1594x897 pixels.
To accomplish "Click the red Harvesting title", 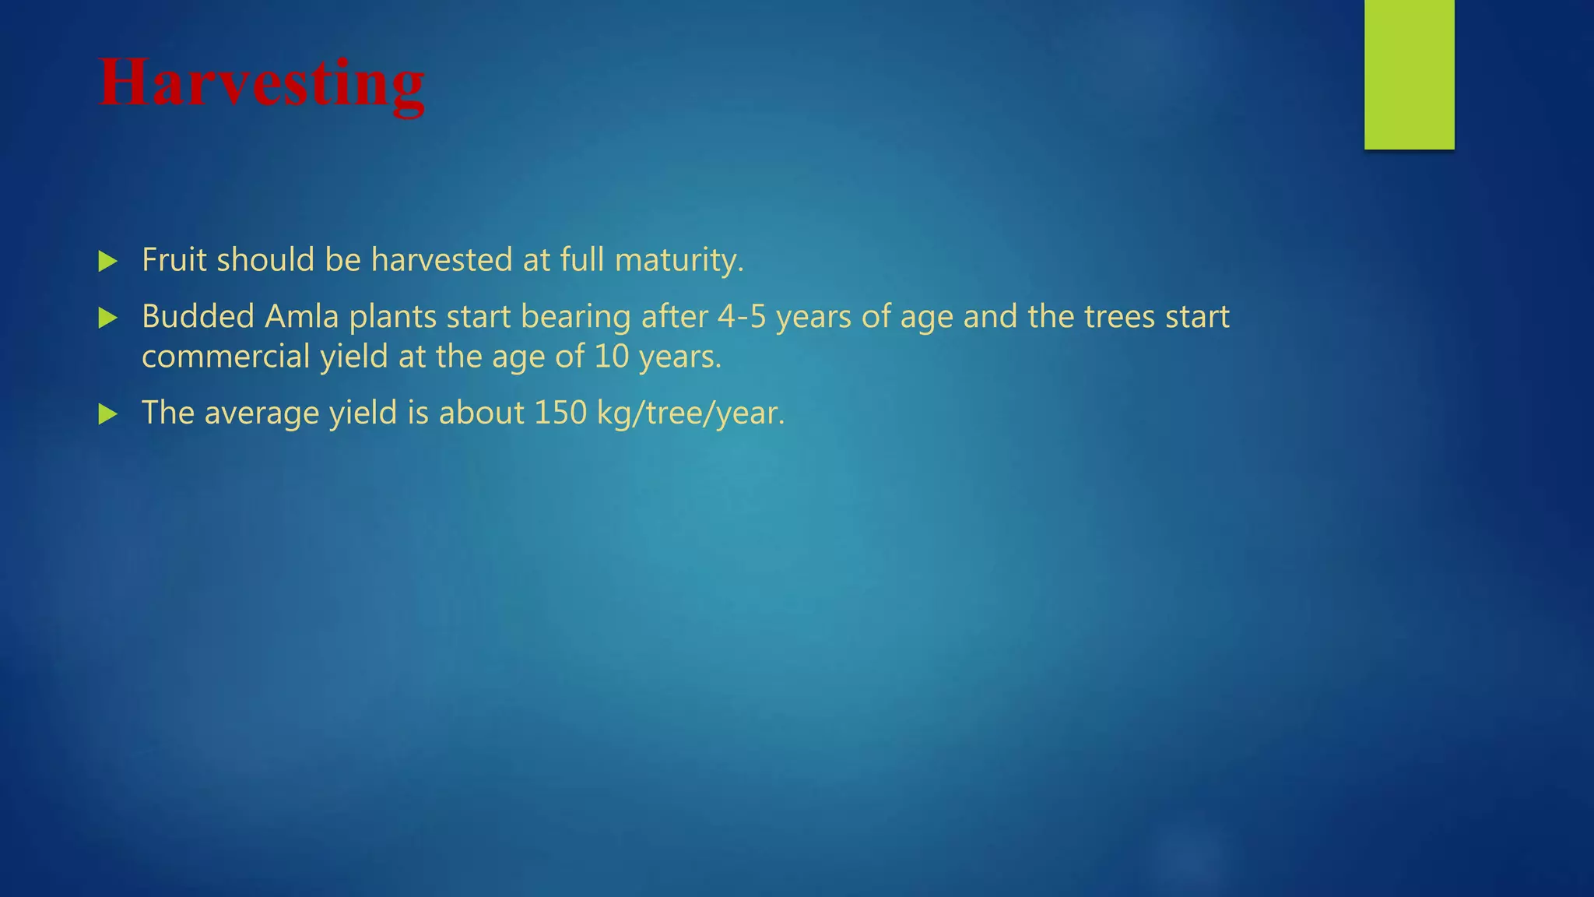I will [262, 84].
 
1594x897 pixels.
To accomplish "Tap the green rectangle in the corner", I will [1409, 74].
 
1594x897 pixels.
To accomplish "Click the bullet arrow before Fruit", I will [108, 262].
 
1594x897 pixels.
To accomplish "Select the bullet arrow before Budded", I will [108, 318].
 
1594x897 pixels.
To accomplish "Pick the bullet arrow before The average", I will [108, 414].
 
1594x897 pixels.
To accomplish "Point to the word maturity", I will [679, 260].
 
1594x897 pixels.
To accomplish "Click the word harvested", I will [441, 260].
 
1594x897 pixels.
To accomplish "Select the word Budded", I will [198, 317].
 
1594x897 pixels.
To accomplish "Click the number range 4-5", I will [742, 317].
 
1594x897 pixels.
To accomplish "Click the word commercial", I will [226, 357].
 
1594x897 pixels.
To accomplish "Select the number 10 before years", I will [611, 357].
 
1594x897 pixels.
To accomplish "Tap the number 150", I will [560, 413].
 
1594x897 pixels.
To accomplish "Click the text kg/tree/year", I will [690, 413].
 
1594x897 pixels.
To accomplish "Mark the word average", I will [262, 413].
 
